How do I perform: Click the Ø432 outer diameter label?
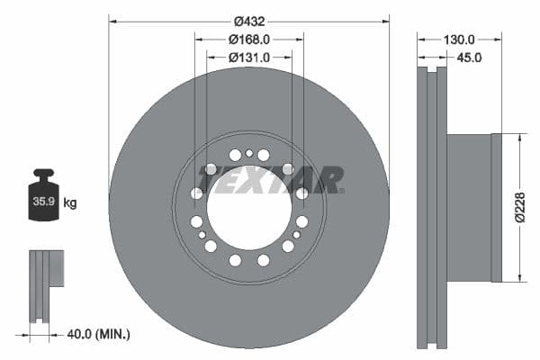pyautogui.click(x=248, y=21)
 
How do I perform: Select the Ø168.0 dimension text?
pyautogui.click(x=248, y=40)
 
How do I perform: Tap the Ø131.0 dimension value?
pyautogui.click(x=248, y=58)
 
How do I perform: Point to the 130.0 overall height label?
pyautogui.click(x=459, y=40)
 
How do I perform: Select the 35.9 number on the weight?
pyautogui.click(x=42, y=203)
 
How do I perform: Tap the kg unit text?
pyautogui.click(x=70, y=203)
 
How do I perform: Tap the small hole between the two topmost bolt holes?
pyautogui.click(x=249, y=153)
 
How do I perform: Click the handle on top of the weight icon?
pyautogui.click(x=42, y=173)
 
